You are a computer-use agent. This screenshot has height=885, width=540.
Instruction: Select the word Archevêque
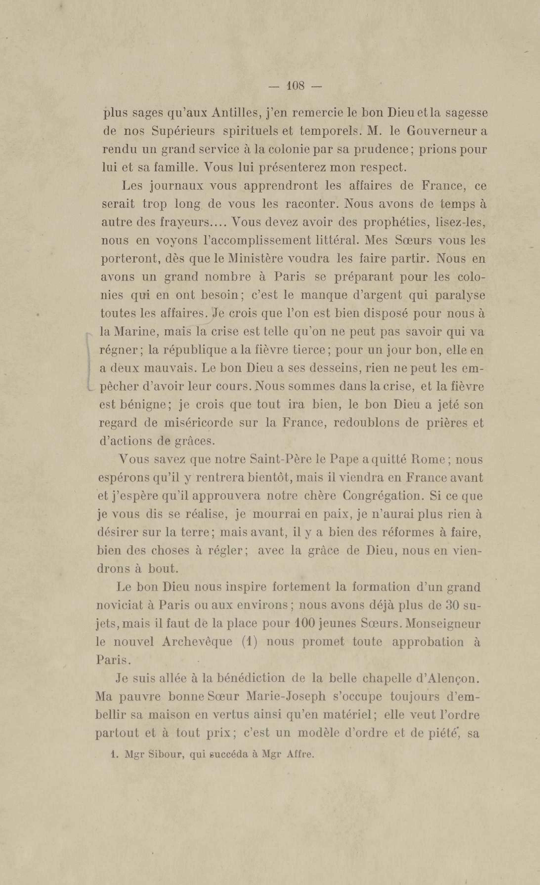point(197,642)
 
